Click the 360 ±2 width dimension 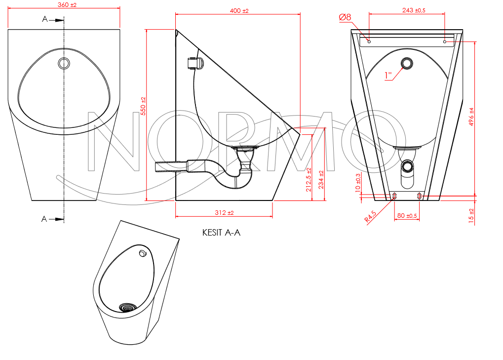click(x=67, y=5)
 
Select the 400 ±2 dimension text click(x=239, y=10)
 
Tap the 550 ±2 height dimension click(x=143, y=106)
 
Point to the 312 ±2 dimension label click(x=224, y=213)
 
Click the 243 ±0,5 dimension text click(x=414, y=10)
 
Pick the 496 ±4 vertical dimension click(x=471, y=117)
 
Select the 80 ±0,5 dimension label click(x=407, y=216)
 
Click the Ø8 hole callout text click(x=345, y=17)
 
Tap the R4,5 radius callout click(x=370, y=217)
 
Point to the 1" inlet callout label click(x=388, y=76)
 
